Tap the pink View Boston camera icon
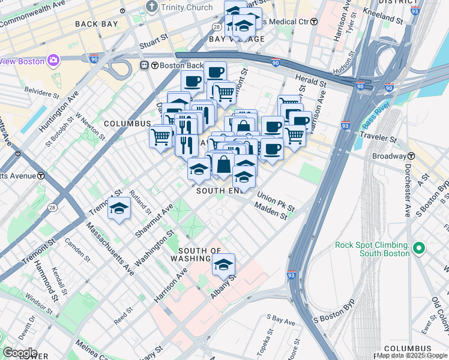(x=53, y=60)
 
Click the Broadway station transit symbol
(x=408, y=156)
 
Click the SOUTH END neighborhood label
(x=218, y=190)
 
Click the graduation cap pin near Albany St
(x=223, y=264)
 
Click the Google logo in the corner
(x=19, y=353)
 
